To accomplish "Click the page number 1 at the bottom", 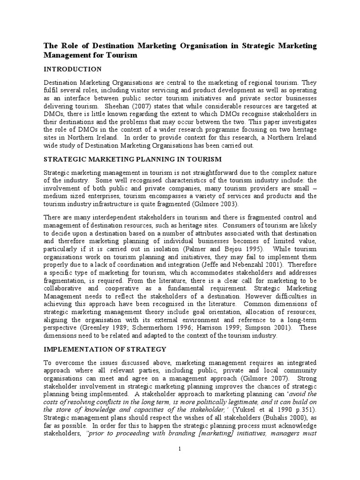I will point(180,449).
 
